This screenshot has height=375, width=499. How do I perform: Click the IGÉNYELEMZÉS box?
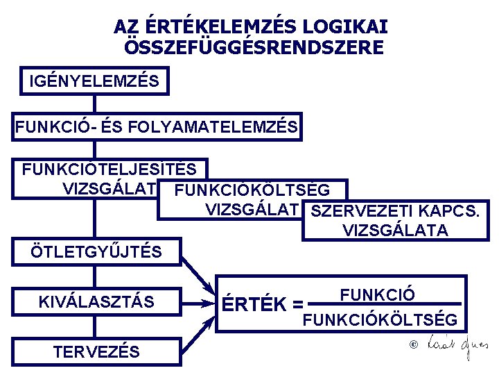(94, 82)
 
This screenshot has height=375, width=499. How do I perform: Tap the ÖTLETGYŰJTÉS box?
(96, 251)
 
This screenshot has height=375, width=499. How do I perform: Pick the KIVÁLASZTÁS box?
(96, 302)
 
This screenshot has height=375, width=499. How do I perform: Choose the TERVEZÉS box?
(96, 351)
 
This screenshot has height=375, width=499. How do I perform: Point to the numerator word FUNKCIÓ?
(378, 294)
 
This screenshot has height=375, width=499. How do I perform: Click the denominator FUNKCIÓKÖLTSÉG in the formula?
(380, 320)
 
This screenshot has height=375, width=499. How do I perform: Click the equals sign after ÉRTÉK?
(298, 304)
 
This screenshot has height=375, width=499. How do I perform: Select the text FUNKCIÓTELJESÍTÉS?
(110, 169)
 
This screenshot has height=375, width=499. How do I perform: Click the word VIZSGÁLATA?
(395, 231)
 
